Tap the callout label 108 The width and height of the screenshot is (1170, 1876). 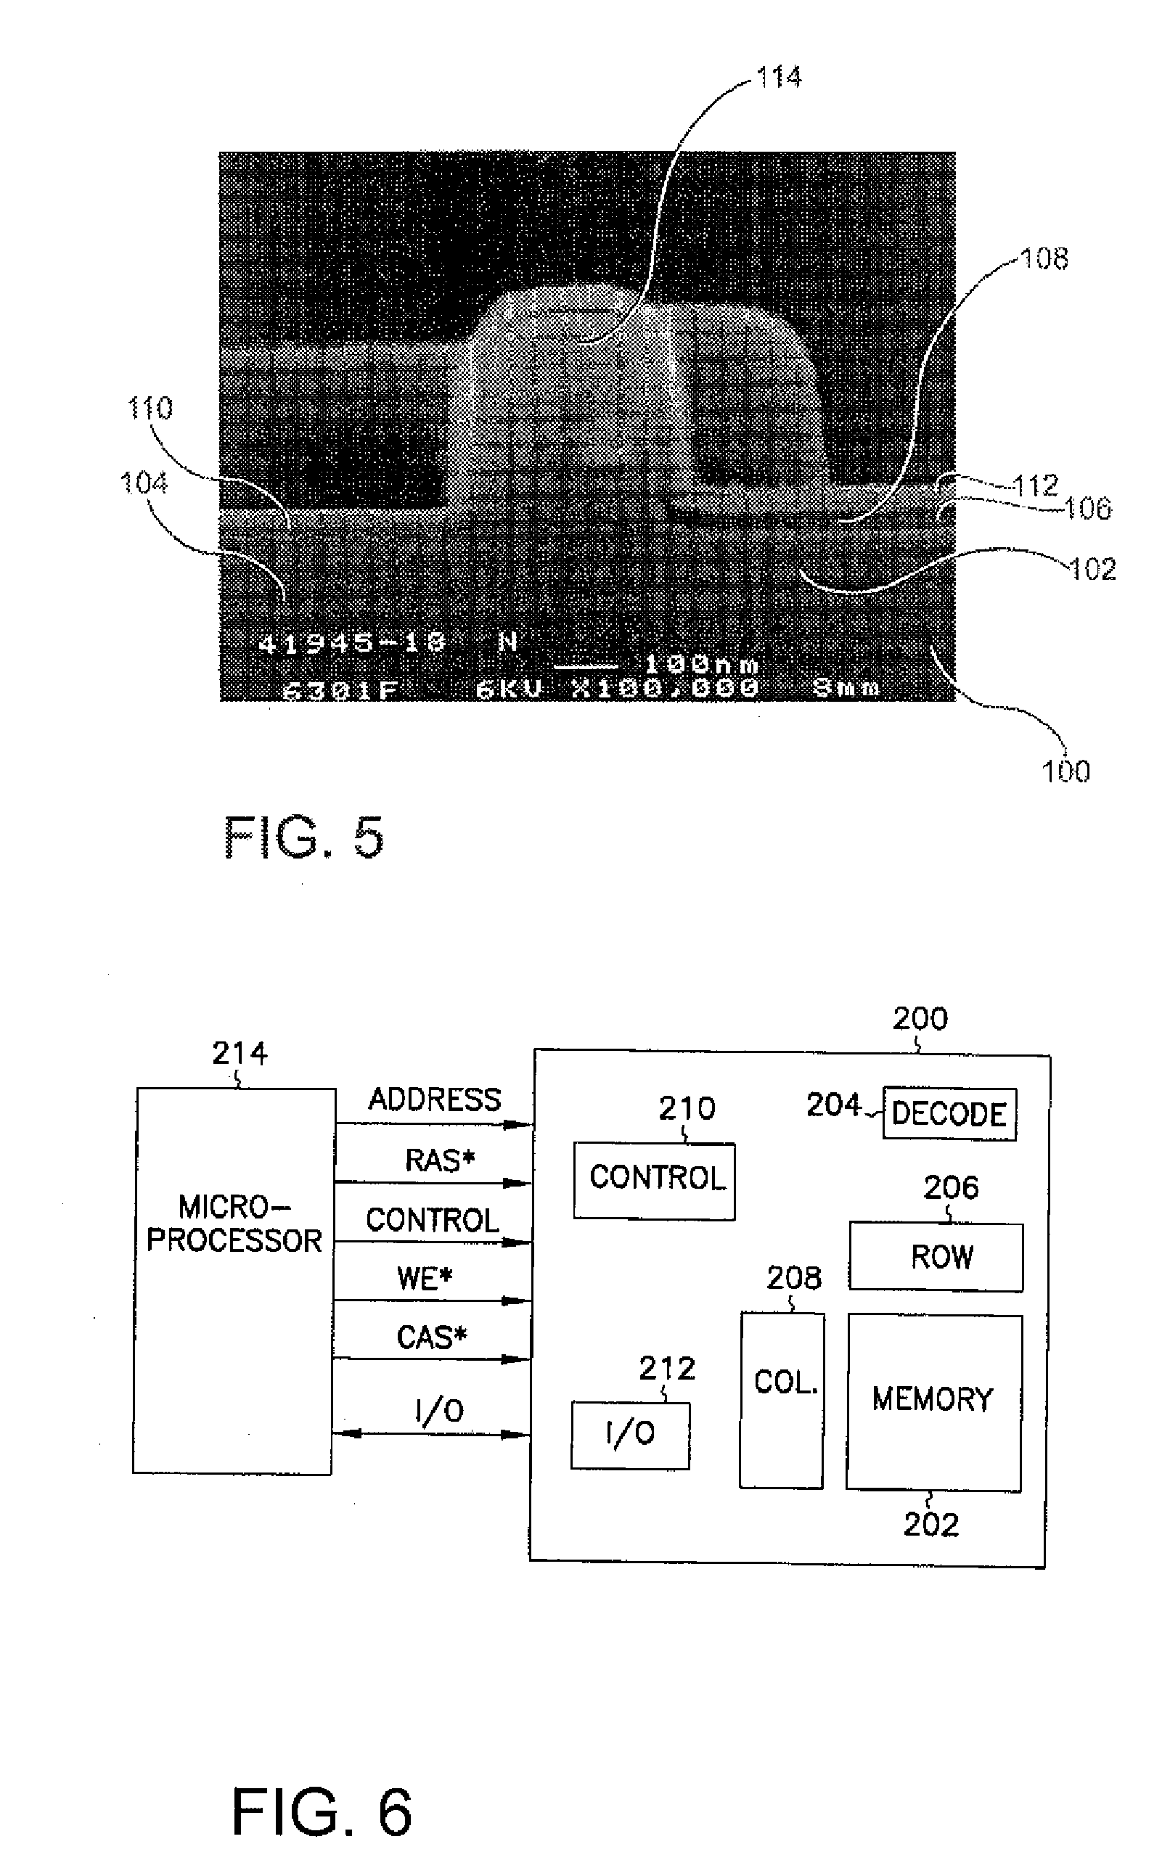pyautogui.click(x=1044, y=259)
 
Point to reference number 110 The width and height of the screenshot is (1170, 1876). pyautogui.click(x=150, y=408)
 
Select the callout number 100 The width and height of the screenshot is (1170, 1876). pyautogui.click(x=1065, y=771)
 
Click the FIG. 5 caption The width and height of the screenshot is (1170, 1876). pyautogui.click(x=303, y=837)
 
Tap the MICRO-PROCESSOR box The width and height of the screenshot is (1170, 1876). pyautogui.click(x=234, y=1280)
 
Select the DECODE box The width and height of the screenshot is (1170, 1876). pyautogui.click(x=949, y=1114)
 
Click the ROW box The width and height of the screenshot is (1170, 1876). pyautogui.click(x=936, y=1257)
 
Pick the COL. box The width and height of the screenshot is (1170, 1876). pyautogui.click(x=782, y=1398)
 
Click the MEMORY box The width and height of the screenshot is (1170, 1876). pyautogui.click(x=933, y=1402)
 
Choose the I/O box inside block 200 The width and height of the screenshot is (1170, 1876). pyautogui.click(x=630, y=1435)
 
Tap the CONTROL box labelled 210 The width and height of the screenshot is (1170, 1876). pyautogui.click(x=655, y=1180)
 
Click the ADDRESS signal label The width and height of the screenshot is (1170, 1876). pyautogui.click(x=434, y=1099)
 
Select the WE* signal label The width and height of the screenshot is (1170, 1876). pyautogui.click(x=424, y=1279)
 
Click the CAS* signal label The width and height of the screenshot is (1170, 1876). pyautogui.click(x=431, y=1338)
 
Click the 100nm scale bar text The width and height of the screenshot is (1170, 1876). pyautogui.click(x=701, y=665)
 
